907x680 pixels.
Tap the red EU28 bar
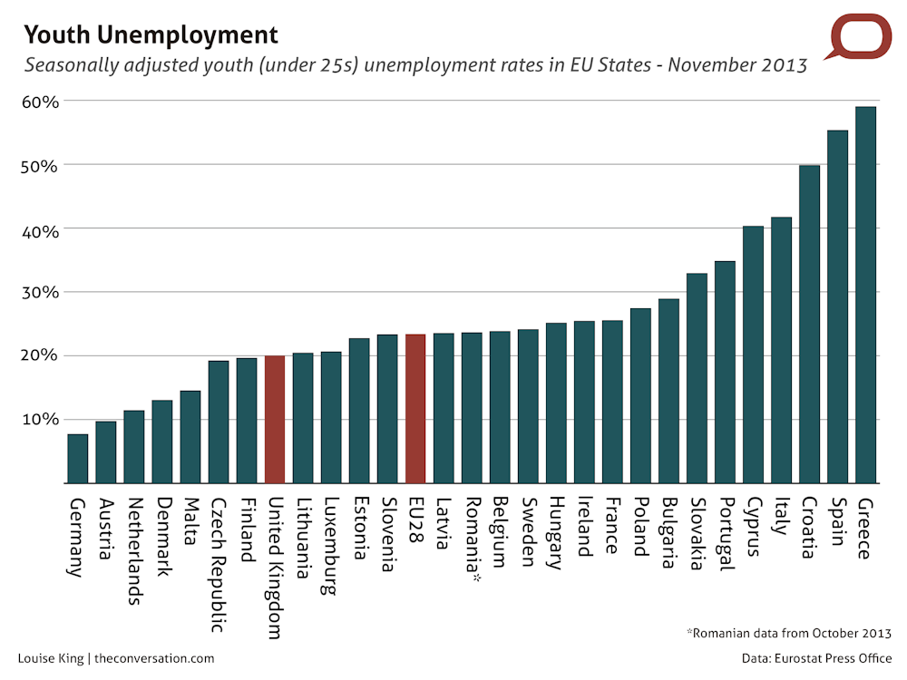[414, 408]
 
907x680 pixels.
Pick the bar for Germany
[78, 459]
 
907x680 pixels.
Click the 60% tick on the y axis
[40, 102]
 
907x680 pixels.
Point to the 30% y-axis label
[40, 292]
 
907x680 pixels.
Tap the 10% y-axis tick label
[40, 420]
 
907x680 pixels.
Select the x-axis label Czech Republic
[218, 564]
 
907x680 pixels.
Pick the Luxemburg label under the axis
[331, 545]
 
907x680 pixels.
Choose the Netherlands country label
[133, 550]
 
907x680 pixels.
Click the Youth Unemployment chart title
[151, 35]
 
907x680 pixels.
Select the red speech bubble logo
[862, 38]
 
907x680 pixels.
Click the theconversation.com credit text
[154, 658]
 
